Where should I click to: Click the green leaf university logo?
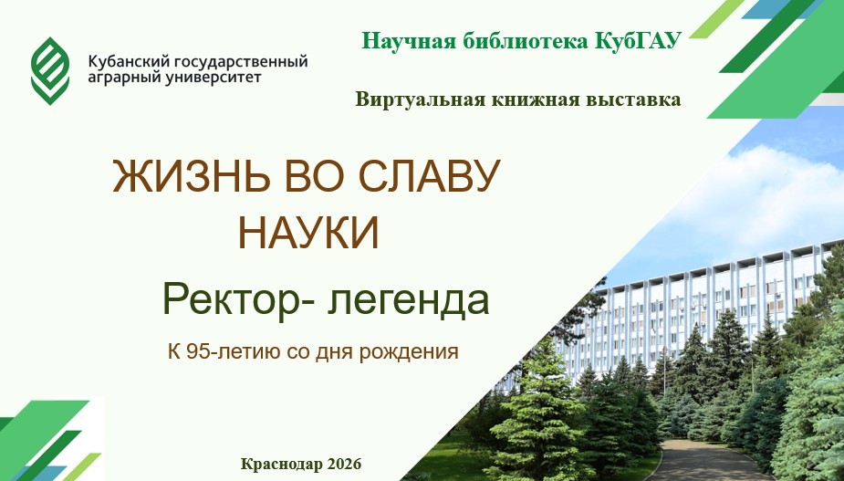50,70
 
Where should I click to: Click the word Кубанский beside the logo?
121,61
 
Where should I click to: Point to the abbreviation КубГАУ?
639,40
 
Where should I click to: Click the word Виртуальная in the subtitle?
420,99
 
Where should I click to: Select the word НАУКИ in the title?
309,233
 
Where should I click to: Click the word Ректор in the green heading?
232,300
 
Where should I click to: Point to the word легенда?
409,301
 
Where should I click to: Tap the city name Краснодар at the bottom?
281,464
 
